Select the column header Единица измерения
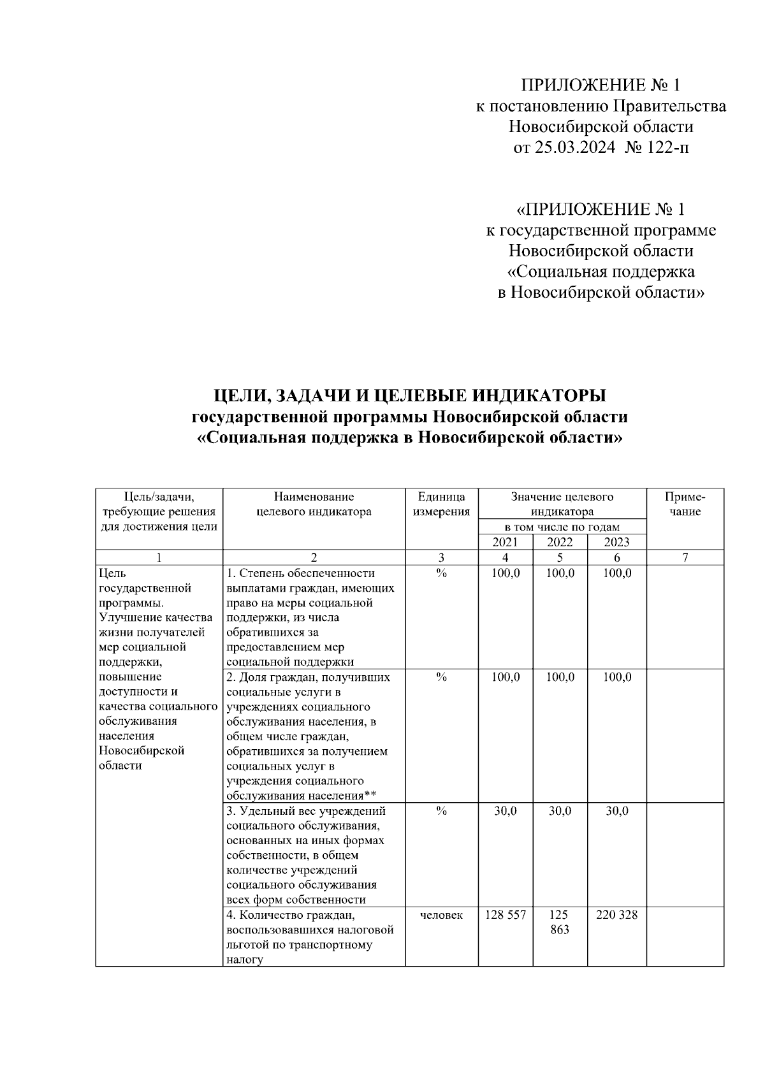[441, 504]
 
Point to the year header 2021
[505, 542]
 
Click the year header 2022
[560, 542]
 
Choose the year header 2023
[616, 542]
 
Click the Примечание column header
[685, 504]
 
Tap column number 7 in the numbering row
[685, 558]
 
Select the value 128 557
[505, 915]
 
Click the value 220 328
[616, 915]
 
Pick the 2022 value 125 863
[560, 922]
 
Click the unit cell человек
[441, 915]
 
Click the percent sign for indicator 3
[441, 811]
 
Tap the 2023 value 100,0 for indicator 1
[616, 573]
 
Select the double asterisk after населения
[370, 795]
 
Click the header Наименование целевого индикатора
[314, 504]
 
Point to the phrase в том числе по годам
[562, 527]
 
